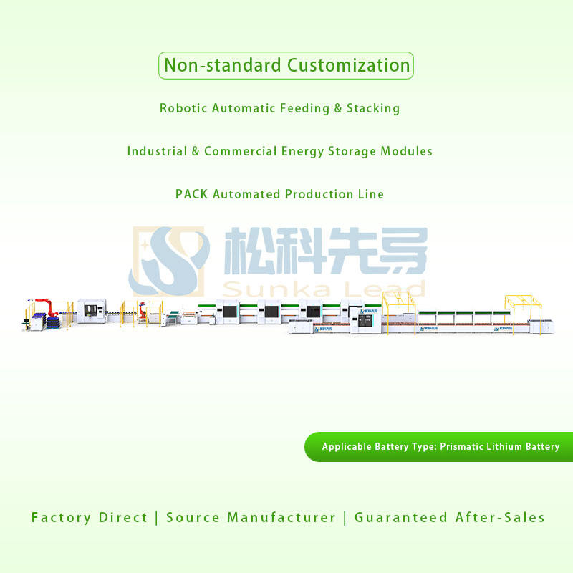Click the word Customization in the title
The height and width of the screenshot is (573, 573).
point(348,65)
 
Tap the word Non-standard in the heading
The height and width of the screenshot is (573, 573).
point(223,65)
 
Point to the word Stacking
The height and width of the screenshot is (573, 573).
point(373,108)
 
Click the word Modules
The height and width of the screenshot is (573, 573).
point(406,151)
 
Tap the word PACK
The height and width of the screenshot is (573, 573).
point(192,194)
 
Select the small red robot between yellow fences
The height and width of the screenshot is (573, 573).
point(143,310)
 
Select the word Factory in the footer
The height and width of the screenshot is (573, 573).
point(61,517)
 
